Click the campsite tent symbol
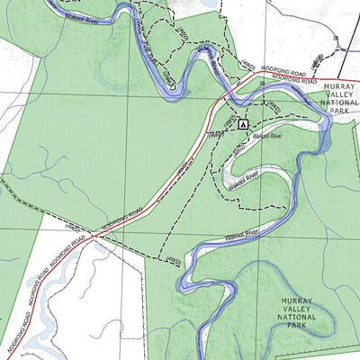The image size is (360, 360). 242,123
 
